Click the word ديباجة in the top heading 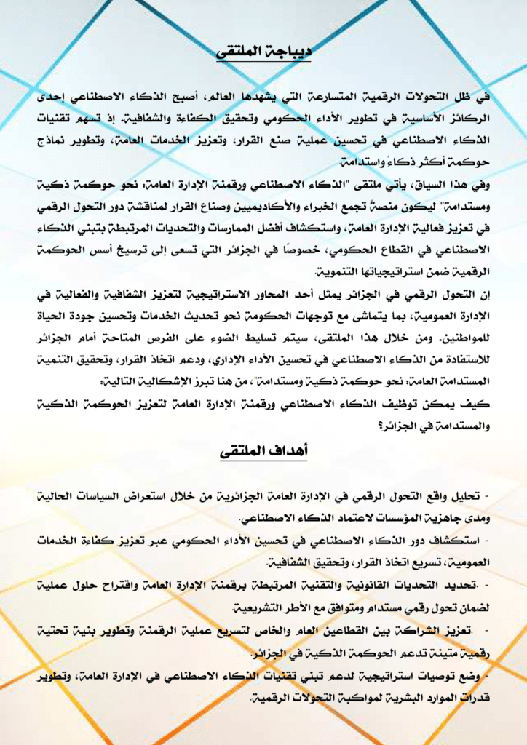(x=288, y=52)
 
